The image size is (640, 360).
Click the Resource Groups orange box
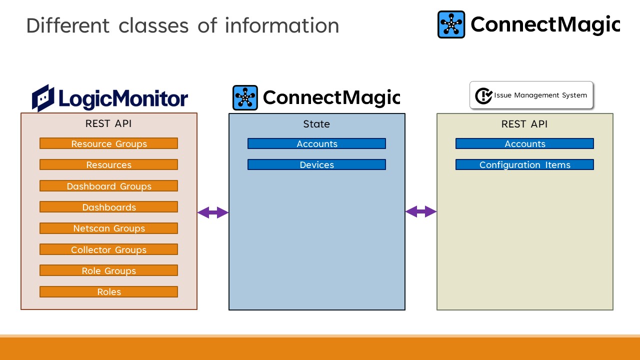[108, 143]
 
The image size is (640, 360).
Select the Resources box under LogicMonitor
[108, 164]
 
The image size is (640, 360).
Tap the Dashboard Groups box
[108, 186]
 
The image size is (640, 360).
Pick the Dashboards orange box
[108, 207]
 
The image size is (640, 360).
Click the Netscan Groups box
[108, 228]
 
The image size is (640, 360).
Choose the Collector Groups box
[108, 249]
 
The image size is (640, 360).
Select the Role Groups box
[108, 270]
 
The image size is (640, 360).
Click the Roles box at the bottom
[108, 291]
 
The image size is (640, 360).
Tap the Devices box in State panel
[316, 164]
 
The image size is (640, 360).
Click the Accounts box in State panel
[316, 143]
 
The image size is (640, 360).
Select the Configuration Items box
[524, 164]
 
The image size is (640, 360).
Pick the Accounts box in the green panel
[524, 143]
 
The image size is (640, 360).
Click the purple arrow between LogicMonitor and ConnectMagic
[213, 213]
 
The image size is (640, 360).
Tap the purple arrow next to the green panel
[421, 212]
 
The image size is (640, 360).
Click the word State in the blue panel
[316, 124]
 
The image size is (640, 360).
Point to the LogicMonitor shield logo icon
[42, 98]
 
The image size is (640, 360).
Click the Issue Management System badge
[531, 95]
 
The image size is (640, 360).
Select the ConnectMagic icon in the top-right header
[451, 24]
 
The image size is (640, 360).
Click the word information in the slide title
[282, 25]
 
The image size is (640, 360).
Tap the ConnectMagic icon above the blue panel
[245, 98]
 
